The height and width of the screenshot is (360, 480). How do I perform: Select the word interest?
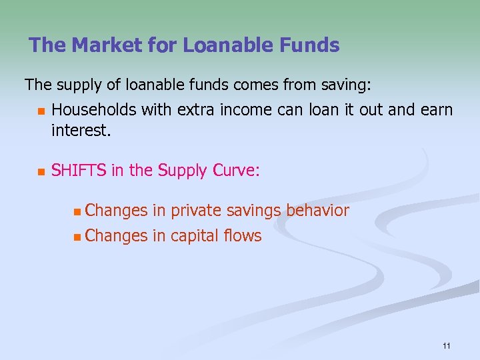click(x=81, y=129)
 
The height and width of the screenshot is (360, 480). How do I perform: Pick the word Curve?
click(x=237, y=171)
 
